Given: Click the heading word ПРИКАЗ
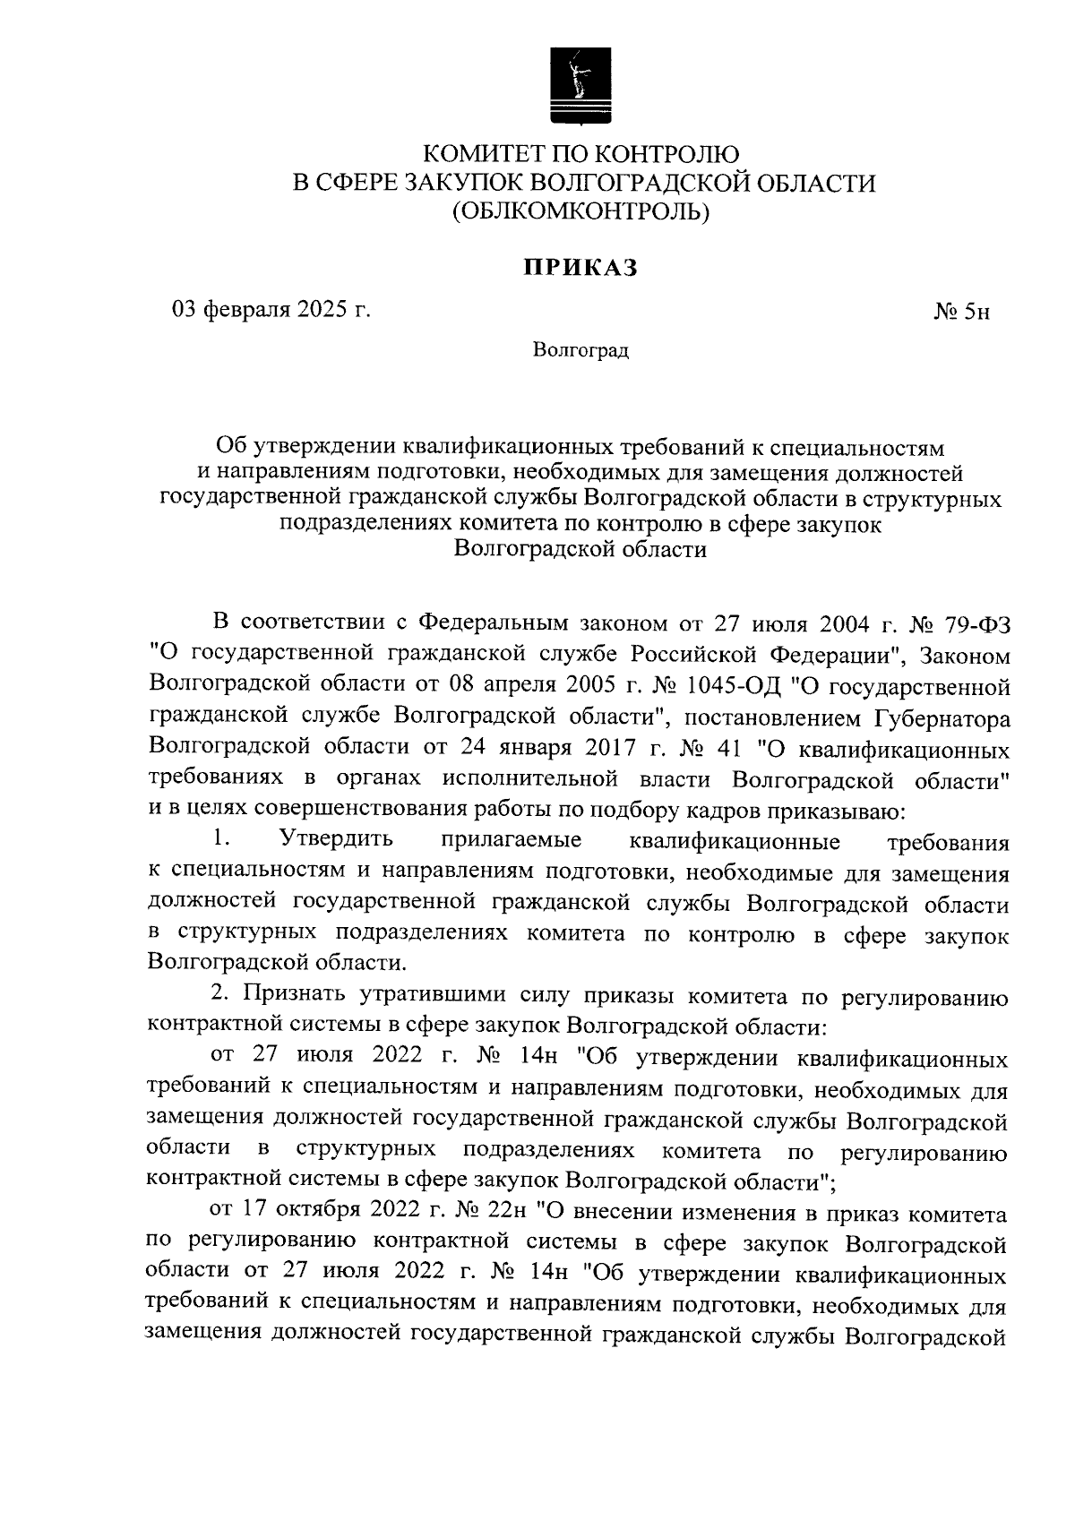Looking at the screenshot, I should click(580, 268).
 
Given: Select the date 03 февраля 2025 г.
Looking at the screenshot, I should click(271, 311).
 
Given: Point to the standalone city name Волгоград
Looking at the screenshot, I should click(580, 350).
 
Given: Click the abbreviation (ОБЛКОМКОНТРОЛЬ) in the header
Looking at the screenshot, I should click(580, 212).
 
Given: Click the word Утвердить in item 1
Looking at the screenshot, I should click(337, 841).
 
